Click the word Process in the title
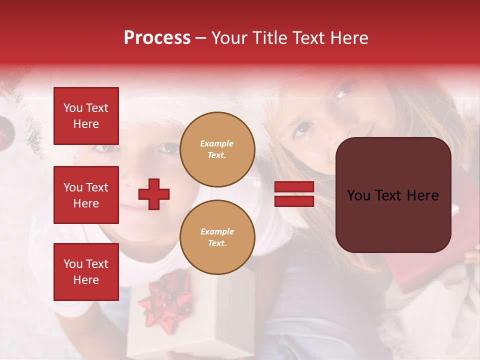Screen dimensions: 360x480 157,38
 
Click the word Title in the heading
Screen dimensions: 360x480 270,38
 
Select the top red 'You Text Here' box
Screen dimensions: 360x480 86,116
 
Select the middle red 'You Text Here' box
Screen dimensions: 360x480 86,195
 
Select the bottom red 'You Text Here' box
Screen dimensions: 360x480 86,271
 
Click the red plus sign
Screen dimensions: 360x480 154,194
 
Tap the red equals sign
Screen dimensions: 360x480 294,194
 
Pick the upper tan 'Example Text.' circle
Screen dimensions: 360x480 217,149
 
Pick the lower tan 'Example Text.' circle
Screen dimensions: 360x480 217,237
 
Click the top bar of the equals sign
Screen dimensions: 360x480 294,187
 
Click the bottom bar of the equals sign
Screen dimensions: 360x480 294,201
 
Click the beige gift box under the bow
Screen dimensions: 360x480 150,335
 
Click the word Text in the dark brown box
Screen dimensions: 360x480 392,195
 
